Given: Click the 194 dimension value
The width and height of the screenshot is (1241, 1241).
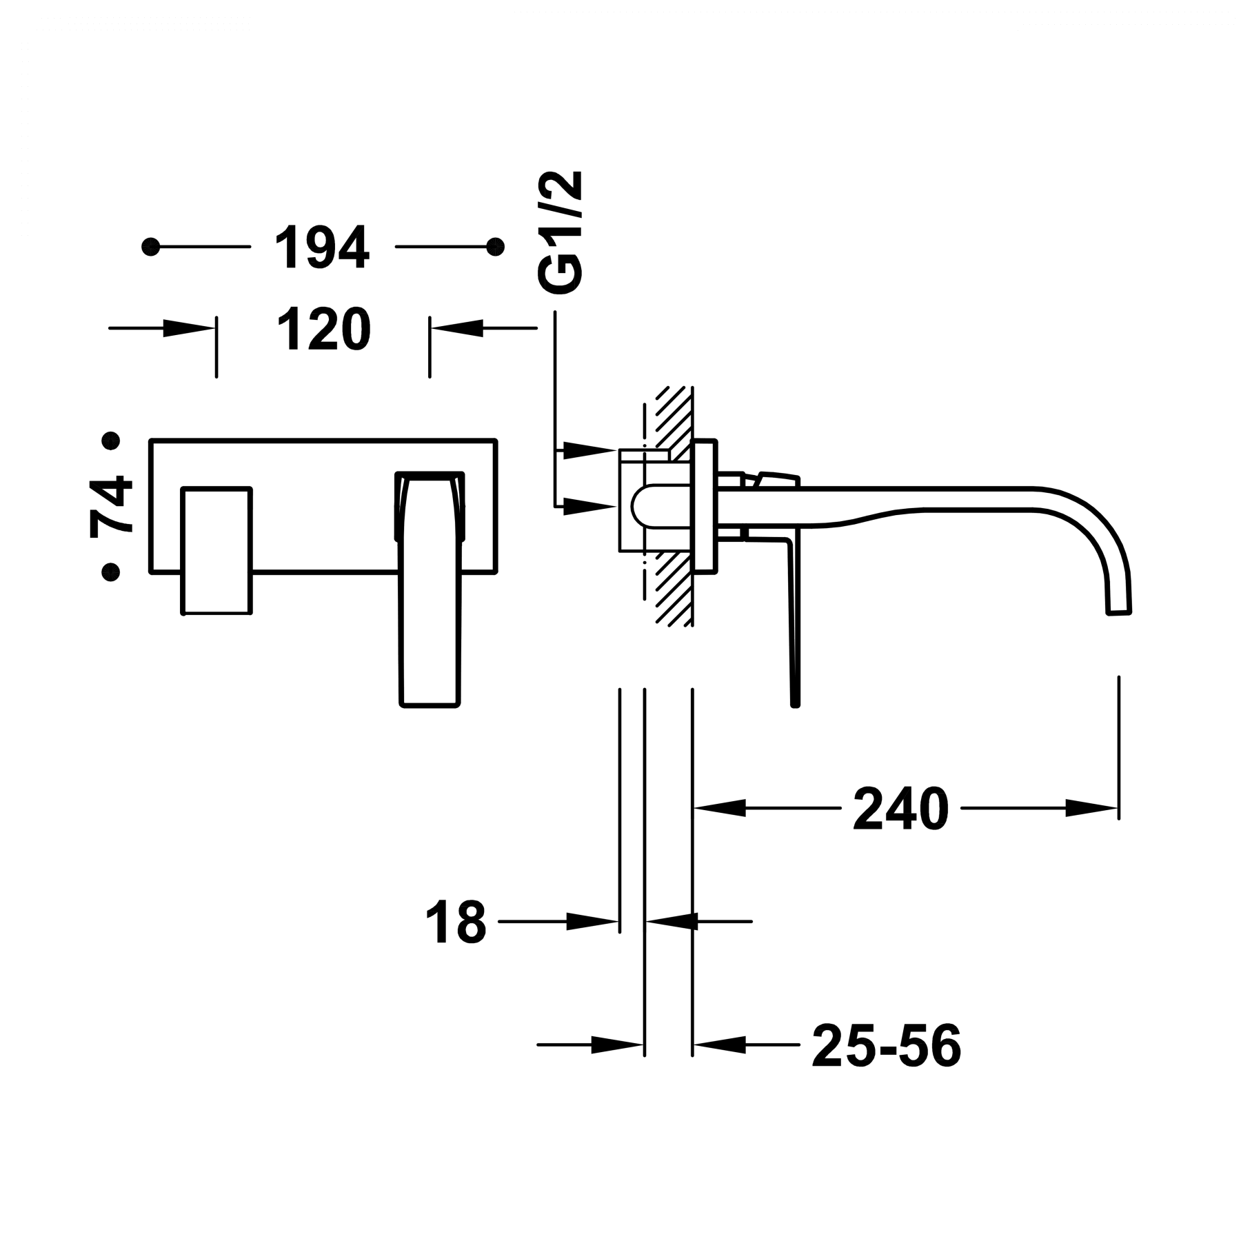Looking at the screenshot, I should pyautogui.click(x=322, y=246).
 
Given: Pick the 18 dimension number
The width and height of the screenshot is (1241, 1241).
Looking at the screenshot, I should pyautogui.click(x=456, y=921).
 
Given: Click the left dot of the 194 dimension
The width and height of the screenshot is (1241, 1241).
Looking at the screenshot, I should pyautogui.click(x=151, y=246).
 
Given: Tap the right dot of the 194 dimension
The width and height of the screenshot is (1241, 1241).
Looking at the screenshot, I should pyautogui.click(x=494, y=246).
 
